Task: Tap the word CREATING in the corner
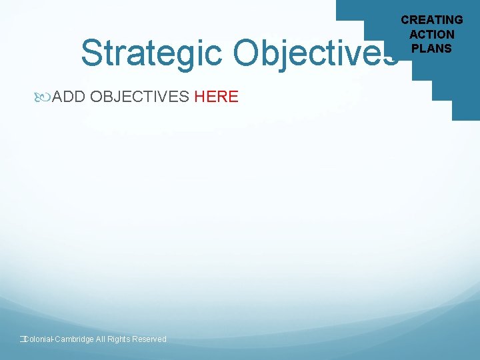pyautogui.click(x=432, y=20)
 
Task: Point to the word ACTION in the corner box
pyautogui.click(x=432, y=34)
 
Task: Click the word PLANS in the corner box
pyautogui.click(x=432, y=48)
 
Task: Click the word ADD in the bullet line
pyautogui.click(x=68, y=97)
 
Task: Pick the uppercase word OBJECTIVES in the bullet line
pyautogui.click(x=139, y=97)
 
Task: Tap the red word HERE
pyautogui.click(x=216, y=97)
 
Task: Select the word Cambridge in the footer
pyautogui.click(x=74, y=339)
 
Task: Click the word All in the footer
pyautogui.click(x=101, y=339)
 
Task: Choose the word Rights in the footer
pyautogui.click(x=119, y=339)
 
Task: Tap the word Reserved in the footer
pyautogui.click(x=149, y=339)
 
